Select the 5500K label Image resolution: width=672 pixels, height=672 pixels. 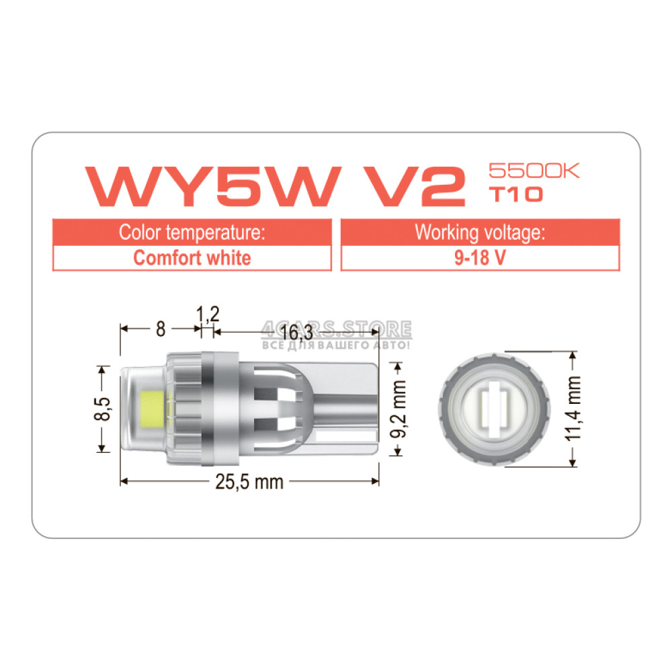534,171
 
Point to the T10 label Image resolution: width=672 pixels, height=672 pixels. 516,194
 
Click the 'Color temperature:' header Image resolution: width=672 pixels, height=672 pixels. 192,233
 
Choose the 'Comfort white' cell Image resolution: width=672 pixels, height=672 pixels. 192,258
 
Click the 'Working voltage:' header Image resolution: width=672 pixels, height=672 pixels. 480,233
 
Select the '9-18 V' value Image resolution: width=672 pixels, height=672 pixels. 480,258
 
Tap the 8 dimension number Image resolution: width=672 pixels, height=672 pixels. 161,329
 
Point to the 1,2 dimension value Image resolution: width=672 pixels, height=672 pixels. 208,314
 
